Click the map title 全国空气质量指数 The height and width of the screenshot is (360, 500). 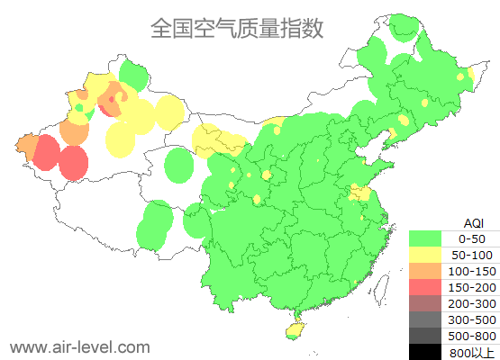coord(236,28)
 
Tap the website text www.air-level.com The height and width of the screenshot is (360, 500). coord(79,346)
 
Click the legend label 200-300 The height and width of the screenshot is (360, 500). coord(472,303)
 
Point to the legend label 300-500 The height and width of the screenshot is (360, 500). coord(472,319)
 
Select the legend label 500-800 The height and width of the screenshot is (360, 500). coord(472,336)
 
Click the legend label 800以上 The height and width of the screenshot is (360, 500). coord(472,352)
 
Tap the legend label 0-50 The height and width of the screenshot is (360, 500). coord(472,238)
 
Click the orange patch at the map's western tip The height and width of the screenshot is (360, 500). coord(26,145)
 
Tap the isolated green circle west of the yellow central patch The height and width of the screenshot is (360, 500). coord(180,166)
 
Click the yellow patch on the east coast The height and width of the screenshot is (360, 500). coord(361,193)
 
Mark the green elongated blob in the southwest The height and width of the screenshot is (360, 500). coord(156,224)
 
